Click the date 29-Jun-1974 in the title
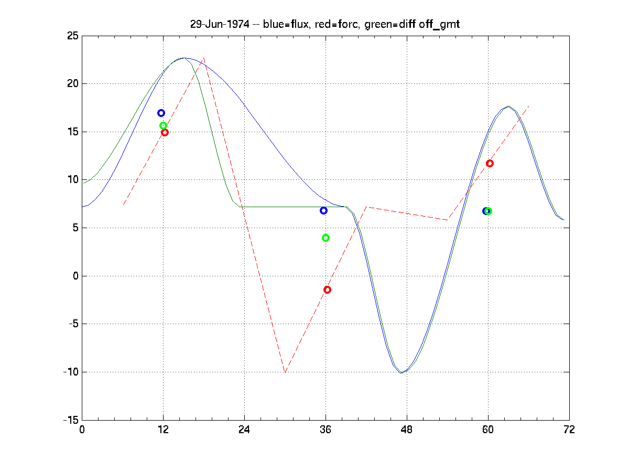pos(219,25)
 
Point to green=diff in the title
pos(392,25)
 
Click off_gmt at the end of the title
pos(438,25)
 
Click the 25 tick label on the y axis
pos(72,36)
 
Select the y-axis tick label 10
pos(72,180)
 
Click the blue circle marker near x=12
pos(161,113)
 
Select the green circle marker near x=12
pos(163,125)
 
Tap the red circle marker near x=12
pos(165,132)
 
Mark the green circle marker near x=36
pos(326,238)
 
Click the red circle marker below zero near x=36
pos(327,289)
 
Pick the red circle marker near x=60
pos(490,163)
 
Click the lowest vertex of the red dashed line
pos(285,372)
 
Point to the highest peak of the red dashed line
pos(204,58)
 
